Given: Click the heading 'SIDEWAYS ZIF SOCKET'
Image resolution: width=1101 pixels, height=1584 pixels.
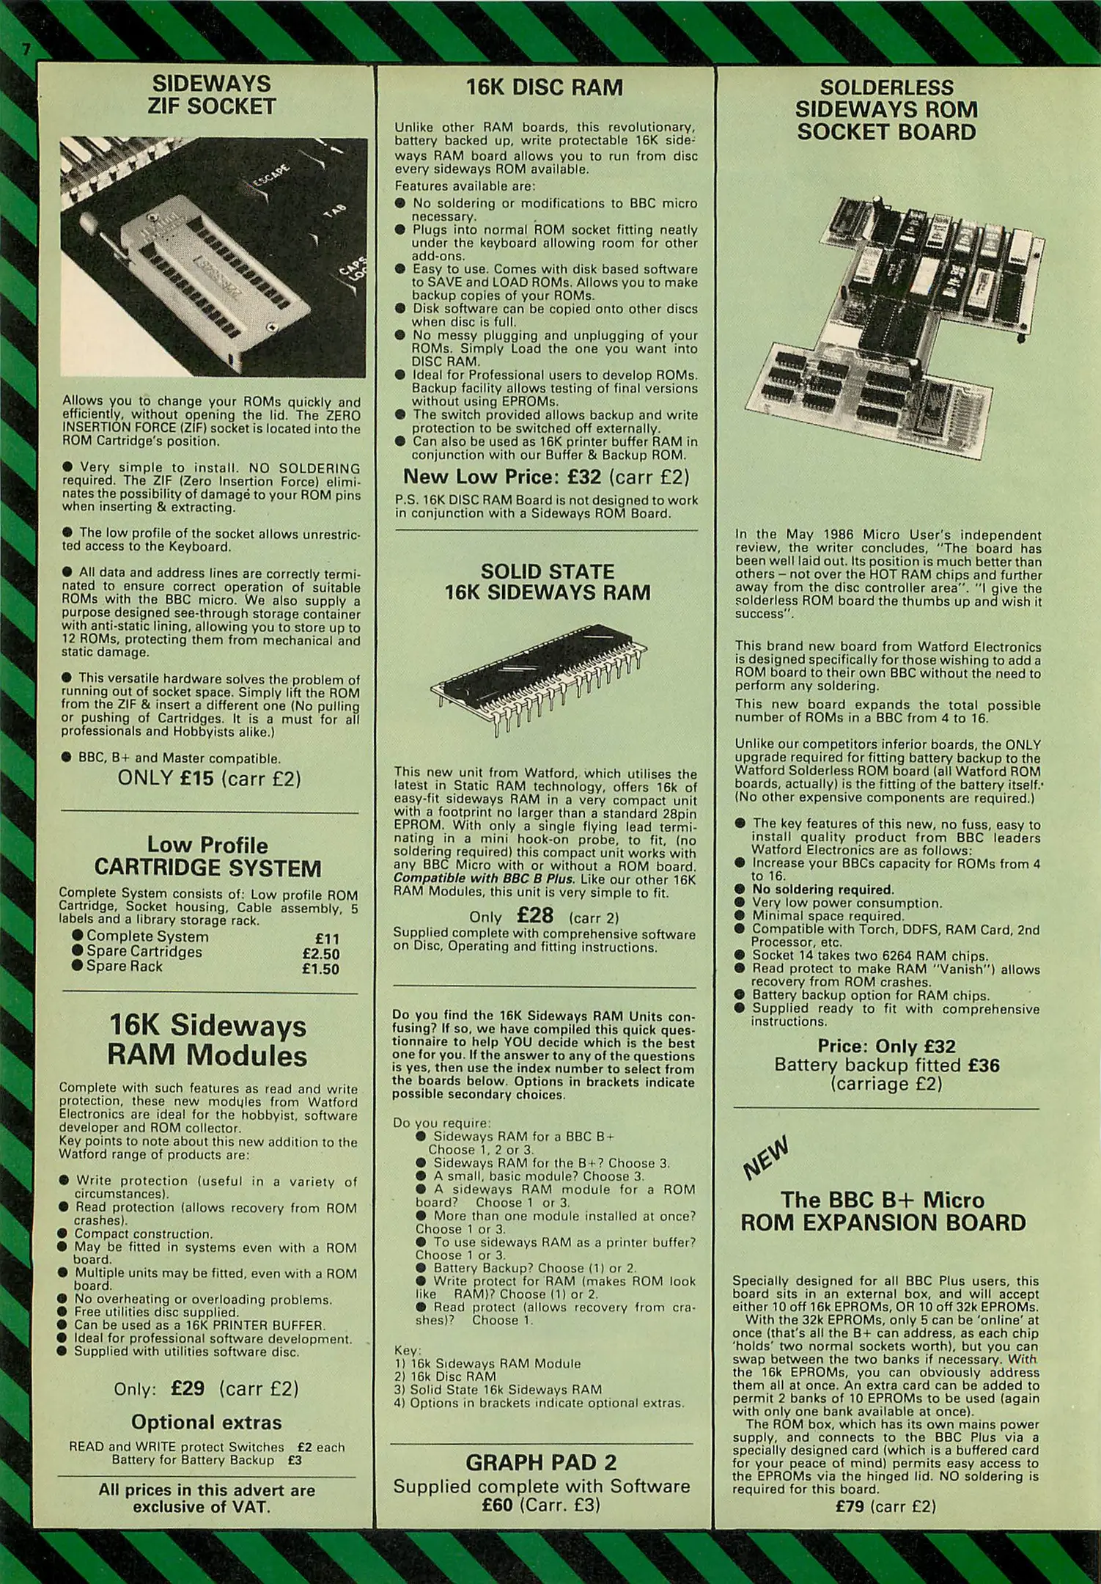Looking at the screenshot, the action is click(x=210, y=95).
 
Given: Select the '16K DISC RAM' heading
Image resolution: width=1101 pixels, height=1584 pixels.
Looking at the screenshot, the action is click(x=545, y=87).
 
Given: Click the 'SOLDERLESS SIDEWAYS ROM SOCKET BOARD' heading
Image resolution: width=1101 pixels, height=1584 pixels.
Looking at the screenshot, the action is click(x=887, y=110).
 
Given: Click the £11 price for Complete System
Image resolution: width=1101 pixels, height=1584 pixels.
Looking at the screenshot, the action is click(x=327, y=939).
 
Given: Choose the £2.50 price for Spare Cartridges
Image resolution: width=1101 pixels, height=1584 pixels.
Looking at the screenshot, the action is click(x=321, y=954).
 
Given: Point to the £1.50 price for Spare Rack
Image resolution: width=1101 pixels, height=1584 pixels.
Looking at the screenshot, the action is click(x=321, y=969).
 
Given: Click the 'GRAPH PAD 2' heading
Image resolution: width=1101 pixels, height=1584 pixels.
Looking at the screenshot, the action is click(x=541, y=1463).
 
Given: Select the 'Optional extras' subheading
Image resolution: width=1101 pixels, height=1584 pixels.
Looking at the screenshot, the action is click(x=206, y=1423).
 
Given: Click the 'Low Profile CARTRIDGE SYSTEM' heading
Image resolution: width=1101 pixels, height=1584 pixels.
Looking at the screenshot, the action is click(x=208, y=857).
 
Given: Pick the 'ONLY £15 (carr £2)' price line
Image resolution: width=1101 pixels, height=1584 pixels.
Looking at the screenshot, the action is click(x=210, y=778).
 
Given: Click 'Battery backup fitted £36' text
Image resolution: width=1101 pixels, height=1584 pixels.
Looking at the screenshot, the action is click(x=887, y=1065).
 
